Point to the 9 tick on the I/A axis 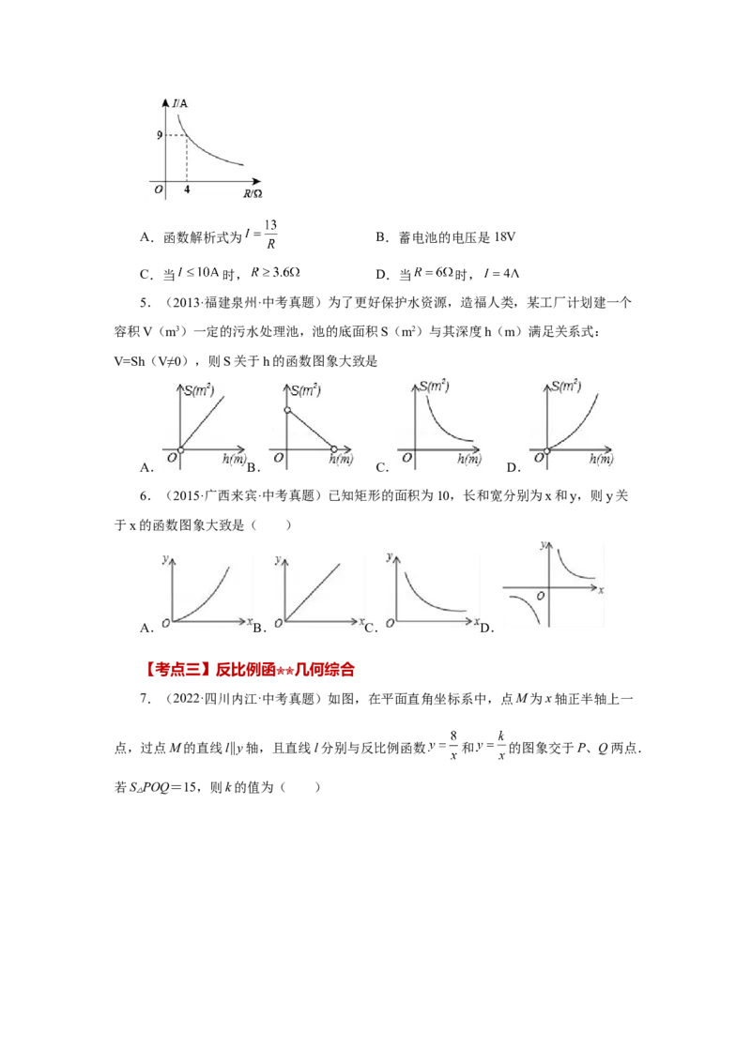pos(161,135)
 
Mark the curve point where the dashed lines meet pos(187,135)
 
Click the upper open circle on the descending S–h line pos(287,411)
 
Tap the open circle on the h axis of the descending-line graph pos(334,450)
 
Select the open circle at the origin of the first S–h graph pos(180,450)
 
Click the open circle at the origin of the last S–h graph pos(547,450)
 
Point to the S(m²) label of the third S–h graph pos(435,387)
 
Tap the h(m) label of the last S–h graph pos(601,460)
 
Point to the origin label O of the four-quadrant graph pos(541,596)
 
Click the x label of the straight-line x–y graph pos(361,622)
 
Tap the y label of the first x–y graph pos(165,559)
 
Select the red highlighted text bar pos(251,671)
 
